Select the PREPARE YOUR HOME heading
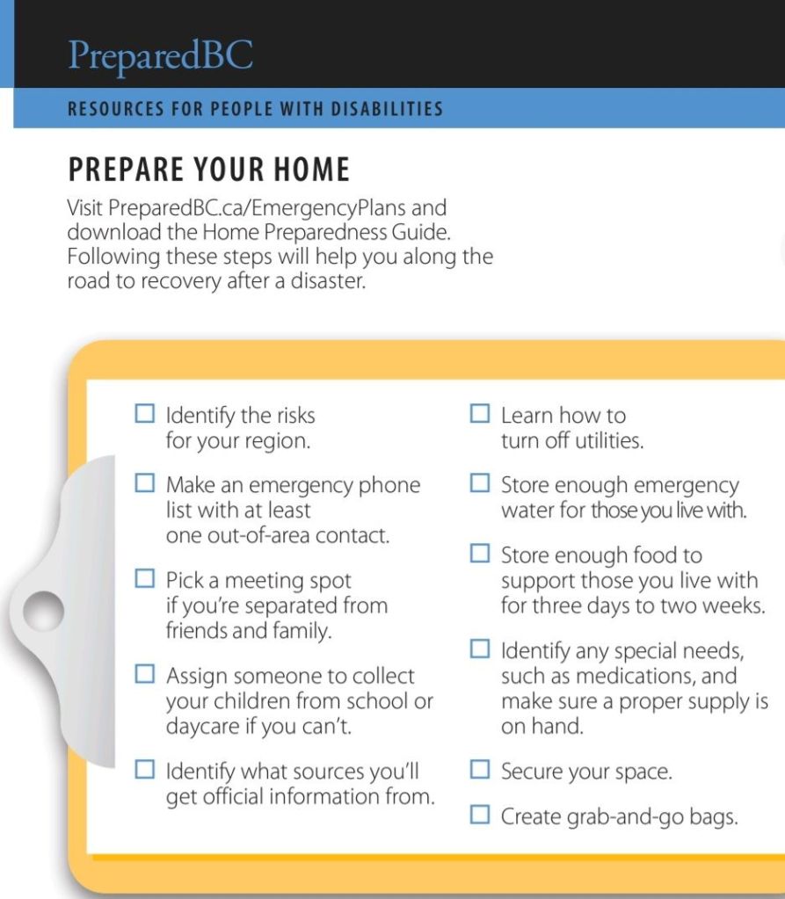click(208, 169)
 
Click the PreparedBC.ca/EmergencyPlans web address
click(277, 209)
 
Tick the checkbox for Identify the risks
click(145, 413)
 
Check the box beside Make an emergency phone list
click(145, 483)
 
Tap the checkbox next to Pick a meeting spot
click(145, 578)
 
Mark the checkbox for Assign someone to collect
click(145, 674)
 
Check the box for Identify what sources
click(145, 770)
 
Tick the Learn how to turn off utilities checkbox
click(479, 413)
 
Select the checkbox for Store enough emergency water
click(479, 482)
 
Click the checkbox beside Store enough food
click(479, 553)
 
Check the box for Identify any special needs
click(479, 649)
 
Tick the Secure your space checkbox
click(479, 770)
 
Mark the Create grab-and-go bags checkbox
click(479, 815)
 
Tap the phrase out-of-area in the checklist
click(256, 535)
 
